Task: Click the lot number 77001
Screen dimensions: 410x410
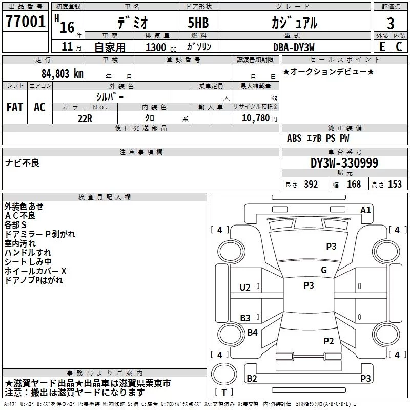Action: [x=25, y=22]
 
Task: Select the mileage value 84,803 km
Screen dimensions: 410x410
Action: [x=63, y=74]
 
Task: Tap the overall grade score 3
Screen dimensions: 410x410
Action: [x=391, y=24]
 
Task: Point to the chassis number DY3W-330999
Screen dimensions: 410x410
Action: [x=344, y=163]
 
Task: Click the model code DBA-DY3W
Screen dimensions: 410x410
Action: [x=294, y=47]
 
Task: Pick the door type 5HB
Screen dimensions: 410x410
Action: [x=198, y=23]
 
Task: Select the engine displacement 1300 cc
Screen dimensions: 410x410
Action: [x=161, y=47]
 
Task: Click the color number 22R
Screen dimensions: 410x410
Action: [x=85, y=118]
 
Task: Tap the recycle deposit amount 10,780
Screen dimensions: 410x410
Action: [x=255, y=118]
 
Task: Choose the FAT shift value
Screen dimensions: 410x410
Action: [x=15, y=107]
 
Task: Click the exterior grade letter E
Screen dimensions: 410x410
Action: [x=382, y=47]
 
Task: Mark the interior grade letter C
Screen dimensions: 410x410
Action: [x=399, y=47]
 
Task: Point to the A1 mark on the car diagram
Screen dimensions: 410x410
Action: [x=365, y=210]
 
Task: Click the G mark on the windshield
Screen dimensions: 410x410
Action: [x=324, y=270]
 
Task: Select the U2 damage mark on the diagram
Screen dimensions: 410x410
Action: [x=245, y=288]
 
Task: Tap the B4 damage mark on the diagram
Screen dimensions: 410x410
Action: [x=252, y=332]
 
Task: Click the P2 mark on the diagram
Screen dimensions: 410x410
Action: [x=329, y=341]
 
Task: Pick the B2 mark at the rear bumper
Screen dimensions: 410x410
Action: [x=252, y=378]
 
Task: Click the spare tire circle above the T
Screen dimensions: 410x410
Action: [x=224, y=374]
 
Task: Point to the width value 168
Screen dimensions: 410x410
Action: [x=354, y=184]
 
